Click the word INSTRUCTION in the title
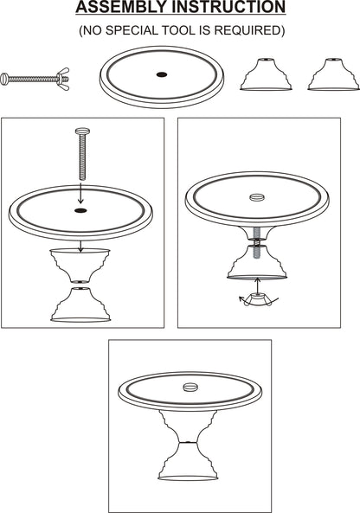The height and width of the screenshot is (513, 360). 232,9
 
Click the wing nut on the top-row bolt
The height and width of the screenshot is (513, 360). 63,80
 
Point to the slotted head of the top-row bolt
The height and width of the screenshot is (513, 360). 7,80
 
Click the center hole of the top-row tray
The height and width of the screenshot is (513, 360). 161,75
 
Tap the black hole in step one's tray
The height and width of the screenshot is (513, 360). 80,210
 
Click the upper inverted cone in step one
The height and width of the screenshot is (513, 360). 80,263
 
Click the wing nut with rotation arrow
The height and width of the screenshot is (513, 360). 257,298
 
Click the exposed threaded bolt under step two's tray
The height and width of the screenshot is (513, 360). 257,235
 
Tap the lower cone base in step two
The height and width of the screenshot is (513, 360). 257,263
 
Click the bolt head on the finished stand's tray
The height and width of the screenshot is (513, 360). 188,382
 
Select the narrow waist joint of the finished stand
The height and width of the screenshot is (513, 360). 188,442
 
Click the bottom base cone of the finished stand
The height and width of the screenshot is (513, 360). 188,463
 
